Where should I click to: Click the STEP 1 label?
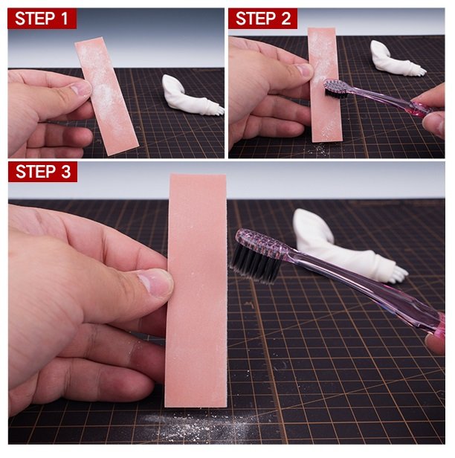(x=42, y=19)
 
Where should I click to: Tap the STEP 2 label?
(x=263, y=19)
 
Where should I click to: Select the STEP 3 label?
(x=42, y=172)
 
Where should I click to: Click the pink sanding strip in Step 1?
(x=106, y=96)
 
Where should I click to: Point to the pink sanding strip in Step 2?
(x=325, y=85)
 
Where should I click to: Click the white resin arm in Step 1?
(x=192, y=96)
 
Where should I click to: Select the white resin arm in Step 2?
(x=396, y=59)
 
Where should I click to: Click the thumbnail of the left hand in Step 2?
(x=304, y=70)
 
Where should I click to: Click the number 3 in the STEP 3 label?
(x=66, y=172)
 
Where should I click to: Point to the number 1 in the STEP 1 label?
(x=65, y=19)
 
